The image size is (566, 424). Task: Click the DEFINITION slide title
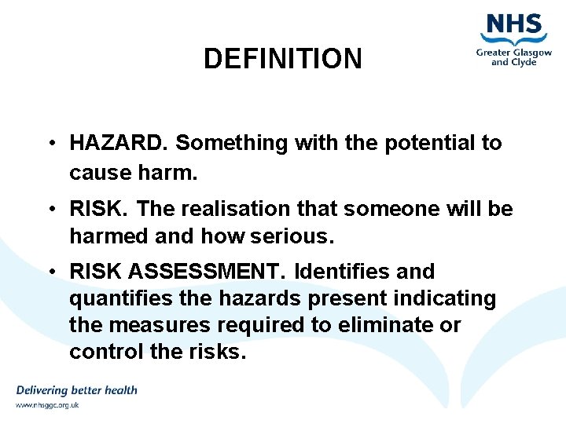(x=282, y=59)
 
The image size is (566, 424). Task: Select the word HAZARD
(x=119, y=143)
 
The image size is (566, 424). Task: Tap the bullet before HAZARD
(x=49, y=143)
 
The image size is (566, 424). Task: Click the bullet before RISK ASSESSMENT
(x=49, y=272)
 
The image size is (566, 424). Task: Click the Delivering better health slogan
(x=76, y=390)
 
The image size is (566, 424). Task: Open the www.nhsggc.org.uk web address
(x=47, y=405)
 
